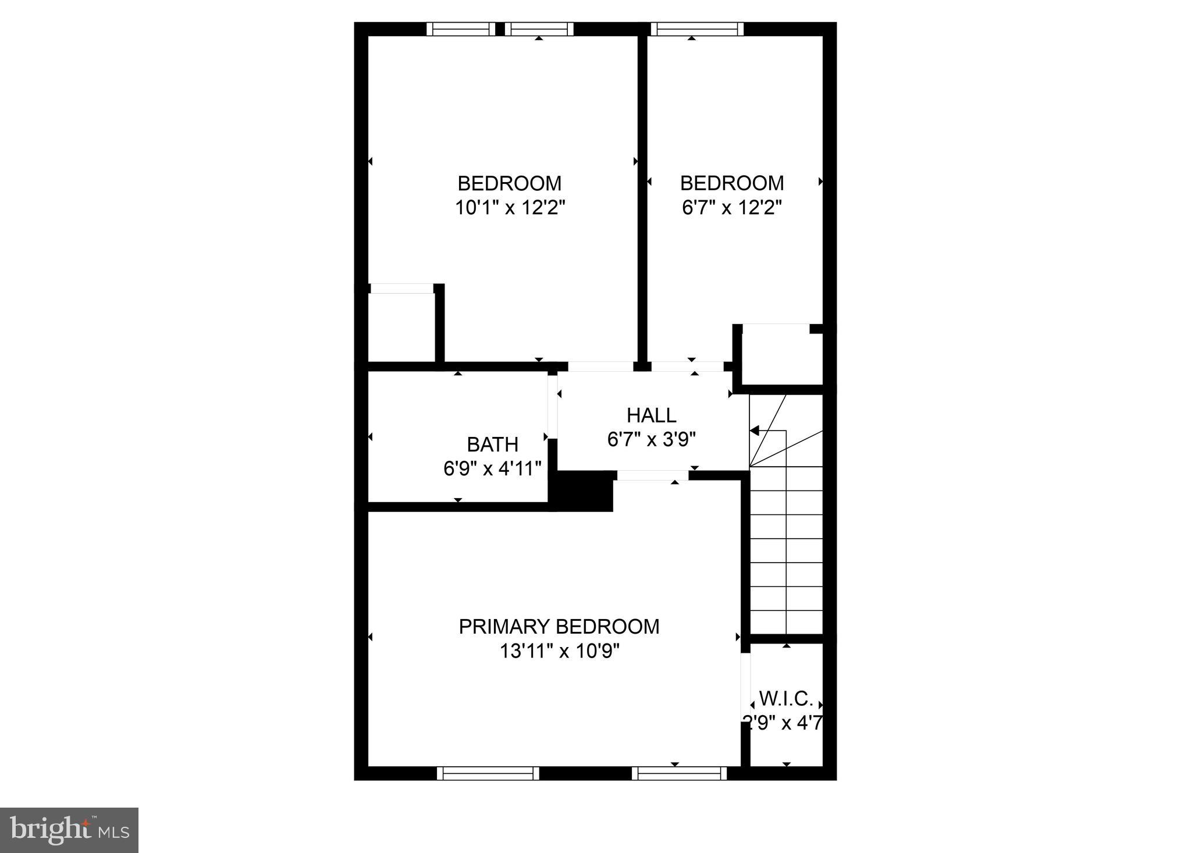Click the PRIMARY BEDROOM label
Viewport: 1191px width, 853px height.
[559, 627]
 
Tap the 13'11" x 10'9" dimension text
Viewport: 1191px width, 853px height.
[559, 651]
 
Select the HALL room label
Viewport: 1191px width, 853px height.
[651, 415]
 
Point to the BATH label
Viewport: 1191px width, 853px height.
[492, 445]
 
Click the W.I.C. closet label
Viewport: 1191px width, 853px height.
[785, 698]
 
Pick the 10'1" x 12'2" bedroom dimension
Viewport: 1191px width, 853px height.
[510, 208]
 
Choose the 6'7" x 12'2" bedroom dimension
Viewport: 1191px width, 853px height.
[731, 208]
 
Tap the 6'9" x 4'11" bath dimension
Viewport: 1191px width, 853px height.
[492, 468]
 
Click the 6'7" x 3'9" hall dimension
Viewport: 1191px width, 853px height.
[651, 439]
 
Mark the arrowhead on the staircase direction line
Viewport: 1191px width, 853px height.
[755, 431]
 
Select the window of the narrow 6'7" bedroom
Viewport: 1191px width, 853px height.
[696, 29]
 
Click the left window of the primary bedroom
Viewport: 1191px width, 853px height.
[488, 773]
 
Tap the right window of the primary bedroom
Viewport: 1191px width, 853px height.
[679, 773]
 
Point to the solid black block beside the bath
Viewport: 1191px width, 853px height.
[582, 492]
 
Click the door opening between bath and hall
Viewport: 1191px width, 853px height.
[552, 407]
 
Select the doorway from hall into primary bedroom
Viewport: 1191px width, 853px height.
[652, 475]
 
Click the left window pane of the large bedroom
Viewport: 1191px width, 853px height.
[461, 29]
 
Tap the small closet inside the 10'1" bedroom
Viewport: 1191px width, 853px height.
[402, 326]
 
